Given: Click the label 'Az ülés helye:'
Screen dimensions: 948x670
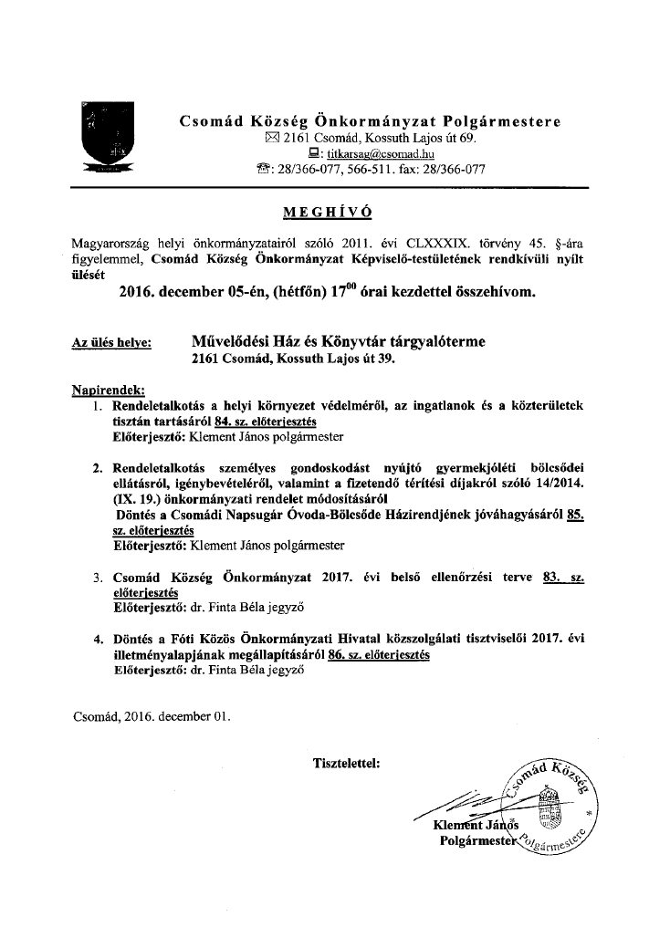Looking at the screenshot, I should coord(112,344).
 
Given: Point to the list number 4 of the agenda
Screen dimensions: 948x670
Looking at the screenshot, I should coord(98,639).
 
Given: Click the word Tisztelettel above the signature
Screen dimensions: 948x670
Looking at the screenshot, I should coord(347,760).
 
